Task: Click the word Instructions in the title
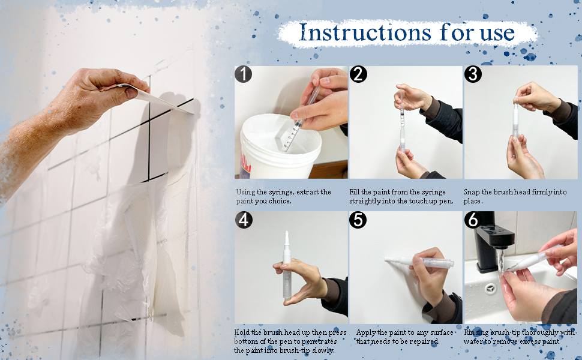click(x=365, y=32)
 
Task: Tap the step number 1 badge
click(x=243, y=74)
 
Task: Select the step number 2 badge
click(x=358, y=74)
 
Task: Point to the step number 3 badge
click(x=473, y=74)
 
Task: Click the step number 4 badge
click(x=244, y=220)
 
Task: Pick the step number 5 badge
click(x=358, y=220)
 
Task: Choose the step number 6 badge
click(x=473, y=220)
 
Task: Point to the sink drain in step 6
click(x=490, y=288)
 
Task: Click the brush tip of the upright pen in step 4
click(x=287, y=237)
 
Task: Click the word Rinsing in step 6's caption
click(x=476, y=332)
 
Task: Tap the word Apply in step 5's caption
click(x=366, y=333)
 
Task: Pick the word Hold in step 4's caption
click(x=242, y=332)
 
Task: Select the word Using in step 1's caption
click(x=246, y=192)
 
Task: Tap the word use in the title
click(x=497, y=34)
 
